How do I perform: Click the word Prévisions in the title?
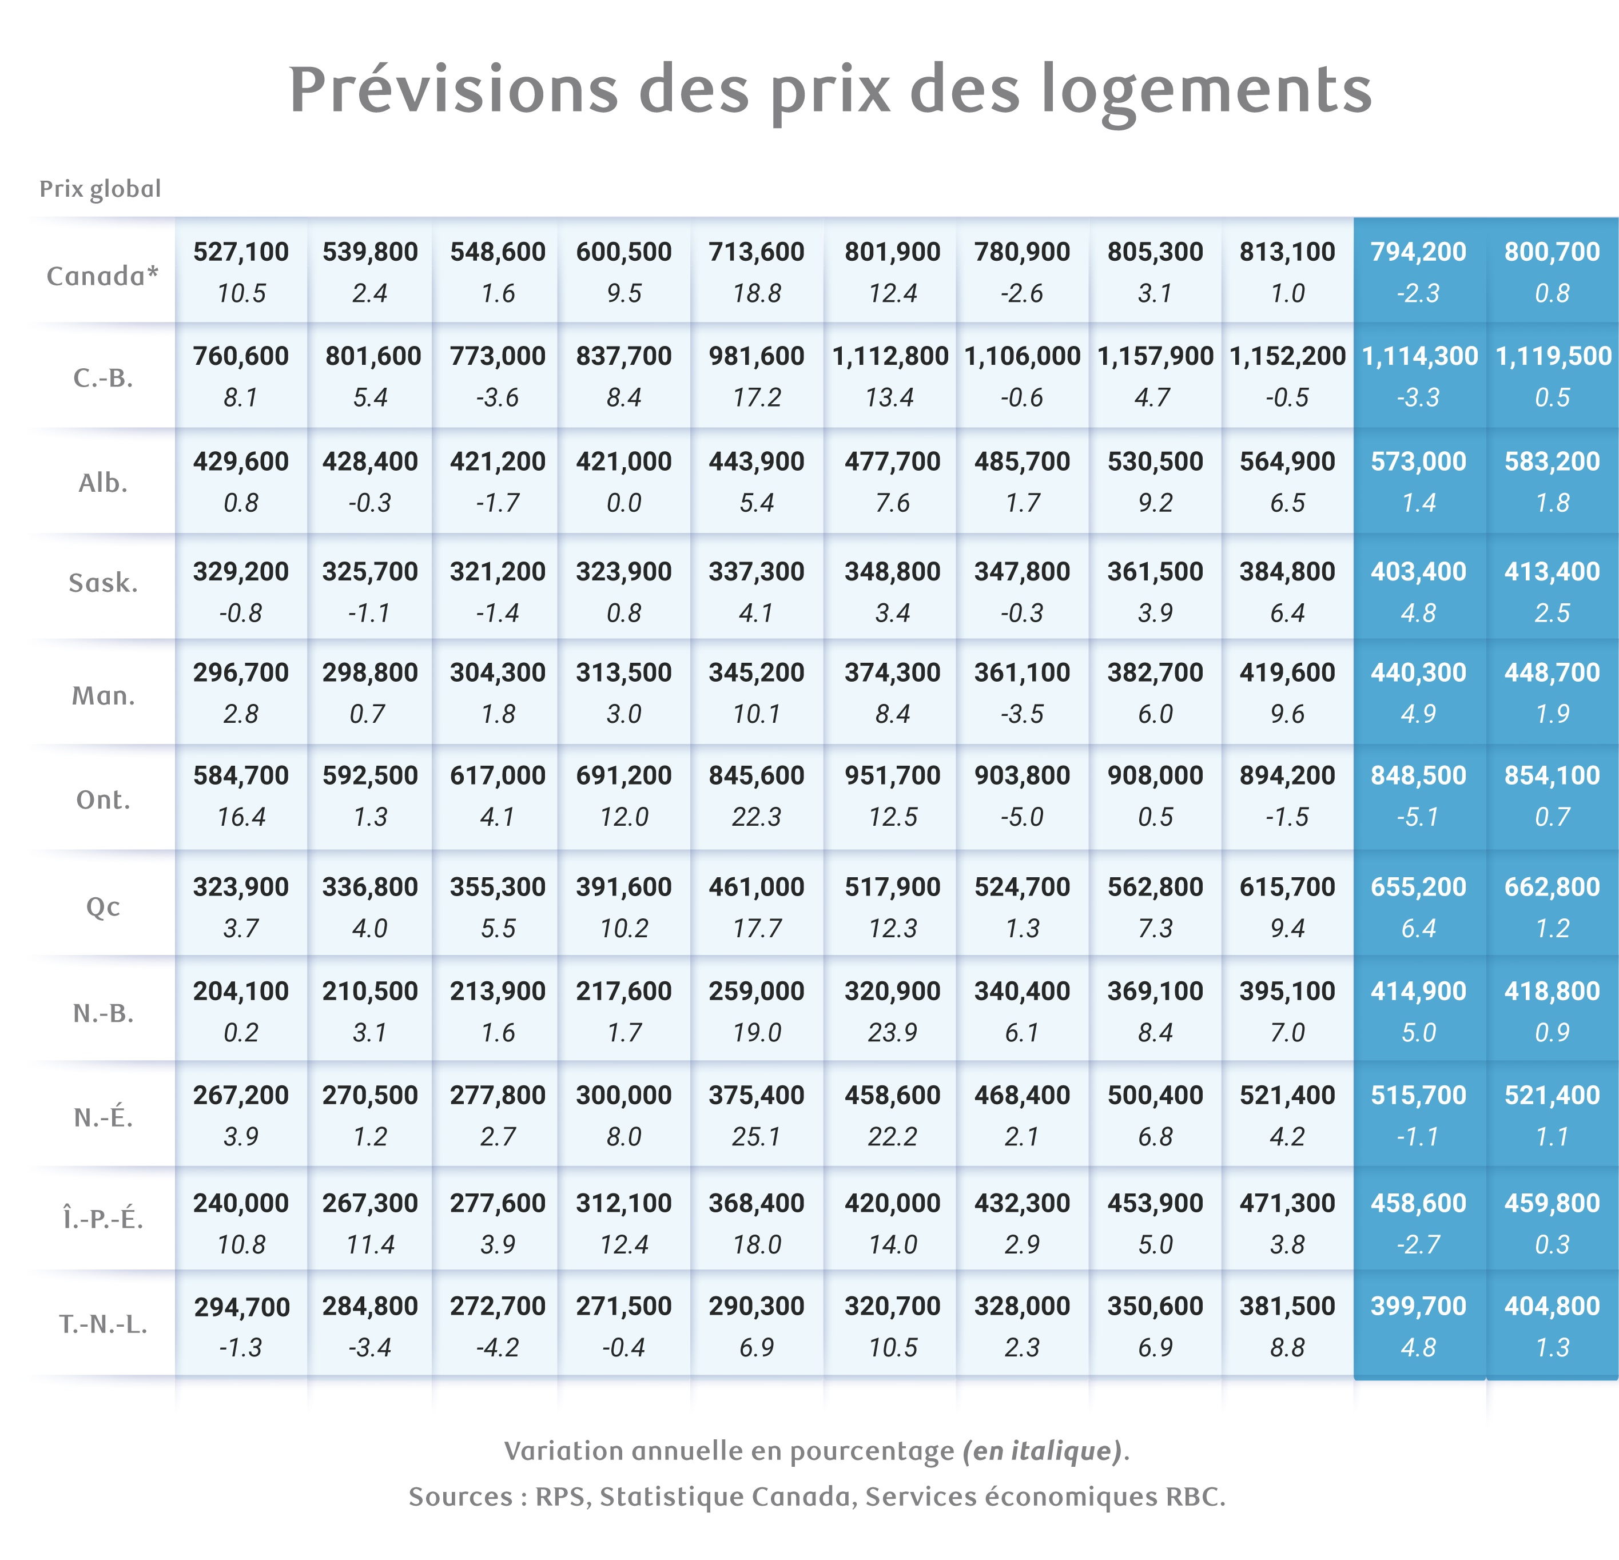[x=454, y=89]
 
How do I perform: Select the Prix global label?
[x=100, y=189]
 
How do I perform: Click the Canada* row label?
[x=102, y=276]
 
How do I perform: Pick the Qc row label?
[x=104, y=907]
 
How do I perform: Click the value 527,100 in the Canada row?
[x=241, y=252]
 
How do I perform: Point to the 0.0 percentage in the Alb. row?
[x=624, y=503]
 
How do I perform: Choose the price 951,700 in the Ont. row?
[x=893, y=775]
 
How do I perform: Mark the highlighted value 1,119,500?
[x=1553, y=356]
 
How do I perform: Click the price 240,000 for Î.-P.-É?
[x=241, y=1203]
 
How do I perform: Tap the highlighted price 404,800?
[x=1553, y=1307]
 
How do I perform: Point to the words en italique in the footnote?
[x=1043, y=1451]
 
